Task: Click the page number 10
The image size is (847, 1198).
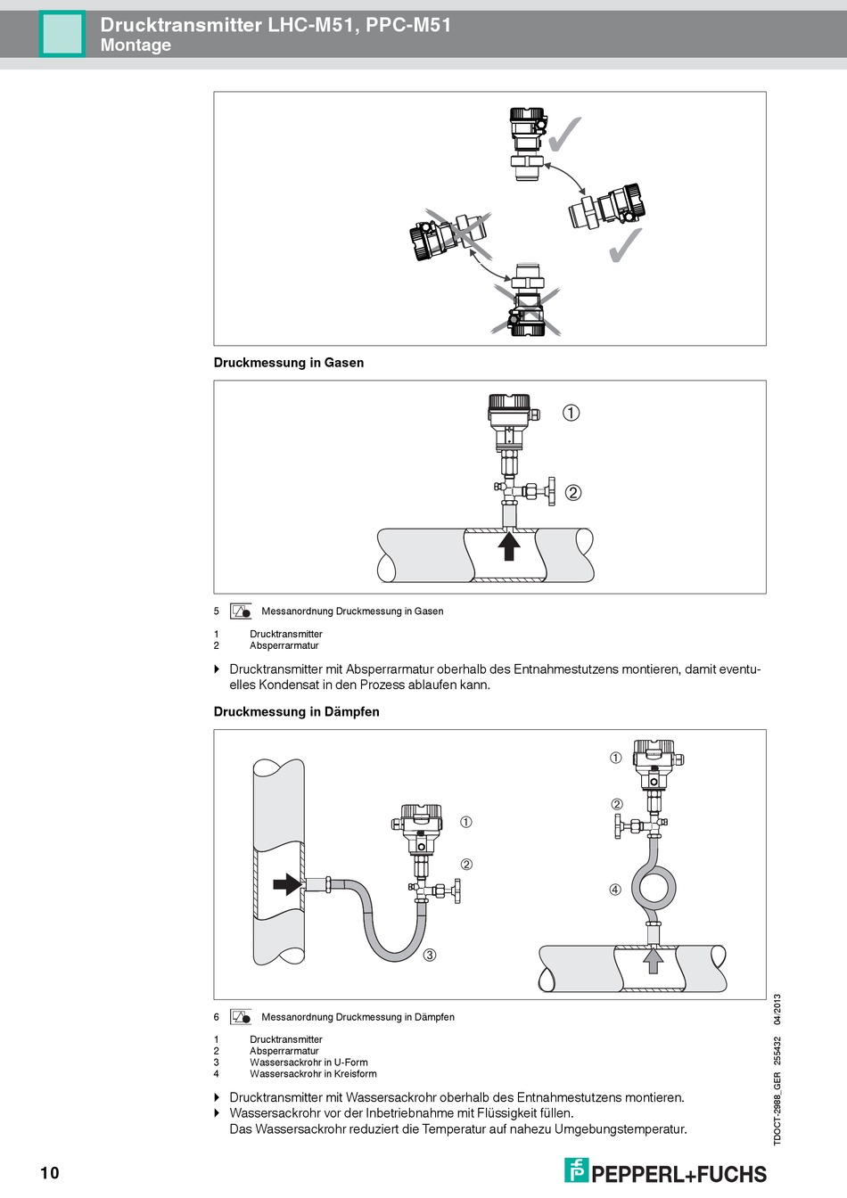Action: (49, 1172)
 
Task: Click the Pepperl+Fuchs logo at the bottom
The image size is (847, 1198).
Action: (665, 1171)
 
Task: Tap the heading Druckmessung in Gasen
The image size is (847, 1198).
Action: (288, 363)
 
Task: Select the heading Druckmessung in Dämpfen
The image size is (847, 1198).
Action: (296, 711)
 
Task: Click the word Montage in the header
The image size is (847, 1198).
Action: (136, 45)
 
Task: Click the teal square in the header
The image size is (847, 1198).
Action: (62, 34)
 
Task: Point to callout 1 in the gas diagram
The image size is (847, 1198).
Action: (571, 413)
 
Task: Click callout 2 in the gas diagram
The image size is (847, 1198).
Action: (572, 492)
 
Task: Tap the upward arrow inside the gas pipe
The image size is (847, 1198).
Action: (509, 545)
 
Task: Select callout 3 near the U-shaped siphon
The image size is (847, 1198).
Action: (430, 956)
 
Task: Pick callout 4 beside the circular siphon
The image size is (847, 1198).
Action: (615, 890)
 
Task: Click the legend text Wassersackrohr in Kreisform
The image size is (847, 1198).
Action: (313, 1074)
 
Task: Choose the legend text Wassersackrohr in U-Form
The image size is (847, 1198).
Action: (308, 1063)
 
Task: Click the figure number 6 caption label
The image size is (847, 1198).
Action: (217, 1017)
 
